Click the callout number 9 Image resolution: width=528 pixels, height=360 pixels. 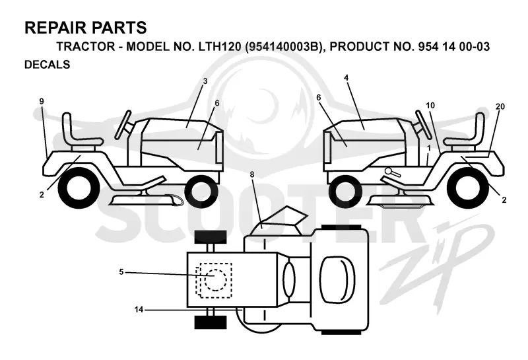42,101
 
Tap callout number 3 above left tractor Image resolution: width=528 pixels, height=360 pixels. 205,81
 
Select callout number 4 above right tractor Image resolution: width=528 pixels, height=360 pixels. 346,77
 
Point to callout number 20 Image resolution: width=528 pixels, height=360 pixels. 500,106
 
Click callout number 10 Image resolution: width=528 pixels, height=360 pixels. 430,106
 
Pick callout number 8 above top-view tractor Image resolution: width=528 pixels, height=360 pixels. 252,174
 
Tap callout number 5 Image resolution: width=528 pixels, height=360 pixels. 121,271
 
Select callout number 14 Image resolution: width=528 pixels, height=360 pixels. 139,309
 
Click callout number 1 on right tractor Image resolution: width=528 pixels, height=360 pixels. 428,148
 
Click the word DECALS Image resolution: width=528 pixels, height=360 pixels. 47,64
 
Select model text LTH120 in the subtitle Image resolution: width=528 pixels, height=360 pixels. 220,46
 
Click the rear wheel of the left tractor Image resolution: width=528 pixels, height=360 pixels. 79,187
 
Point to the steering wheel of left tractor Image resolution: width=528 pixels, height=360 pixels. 123,124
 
